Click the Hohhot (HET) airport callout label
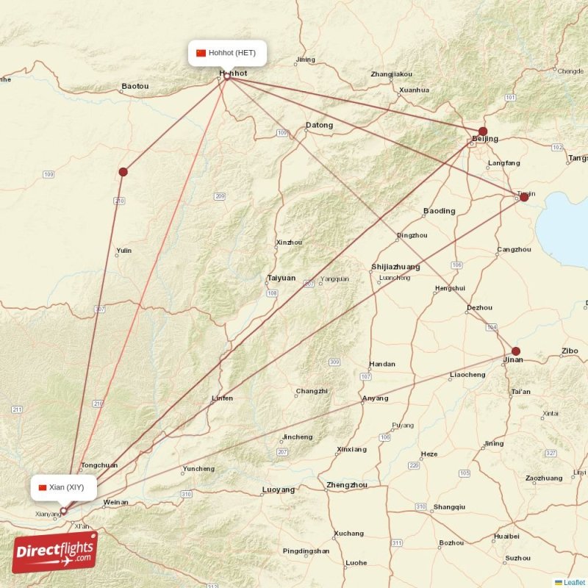(226, 53)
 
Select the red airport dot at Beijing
(483, 132)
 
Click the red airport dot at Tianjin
(523, 197)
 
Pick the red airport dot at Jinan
(516, 351)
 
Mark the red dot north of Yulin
(123, 172)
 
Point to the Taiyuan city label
(281, 279)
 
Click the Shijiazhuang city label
(395, 267)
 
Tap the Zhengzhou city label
(347, 485)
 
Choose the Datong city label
(319, 125)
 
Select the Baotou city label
(135, 86)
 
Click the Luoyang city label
(278, 490)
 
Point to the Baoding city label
(439, 211)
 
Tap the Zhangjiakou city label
(391, 74)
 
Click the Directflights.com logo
(54, 552)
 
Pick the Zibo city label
(570, 351)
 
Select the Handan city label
(381, 364)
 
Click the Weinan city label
(115, 503)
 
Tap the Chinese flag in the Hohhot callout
(201, 53)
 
